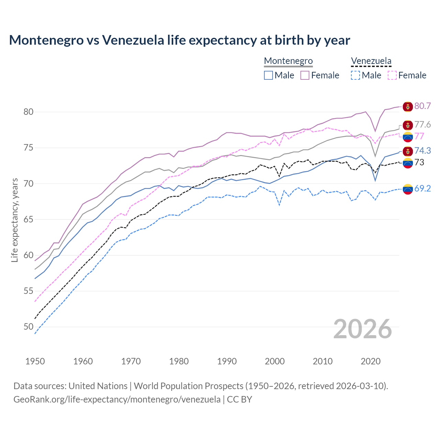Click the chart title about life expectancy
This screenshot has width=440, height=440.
(179, 40)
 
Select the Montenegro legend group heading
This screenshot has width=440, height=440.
(288, 61)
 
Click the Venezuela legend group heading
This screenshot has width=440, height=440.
(371, 61)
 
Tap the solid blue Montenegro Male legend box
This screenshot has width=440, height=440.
(268, 75)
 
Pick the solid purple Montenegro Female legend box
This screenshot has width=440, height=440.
(305, 75)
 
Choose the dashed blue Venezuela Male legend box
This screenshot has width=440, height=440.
(355, 75)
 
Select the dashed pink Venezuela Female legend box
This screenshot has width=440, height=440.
(392, 75)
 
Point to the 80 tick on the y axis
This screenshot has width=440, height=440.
(29, 112)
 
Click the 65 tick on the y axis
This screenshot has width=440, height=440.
(29, 219)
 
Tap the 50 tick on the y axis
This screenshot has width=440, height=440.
(29, 327)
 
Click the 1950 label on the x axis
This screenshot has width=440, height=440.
(35, 361)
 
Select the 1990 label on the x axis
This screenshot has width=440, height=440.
(227, 361)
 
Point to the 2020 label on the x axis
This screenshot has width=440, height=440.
(371, 361)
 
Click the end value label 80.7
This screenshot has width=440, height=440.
(422, 106)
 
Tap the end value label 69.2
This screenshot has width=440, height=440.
(422, 188)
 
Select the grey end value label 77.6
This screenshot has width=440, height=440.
(422, 124)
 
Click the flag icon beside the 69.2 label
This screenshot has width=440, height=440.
(408, 189)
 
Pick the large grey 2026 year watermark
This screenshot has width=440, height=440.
(363, 329)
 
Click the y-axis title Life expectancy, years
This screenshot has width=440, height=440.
(14, 220)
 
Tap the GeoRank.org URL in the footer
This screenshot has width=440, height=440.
(117, 399)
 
